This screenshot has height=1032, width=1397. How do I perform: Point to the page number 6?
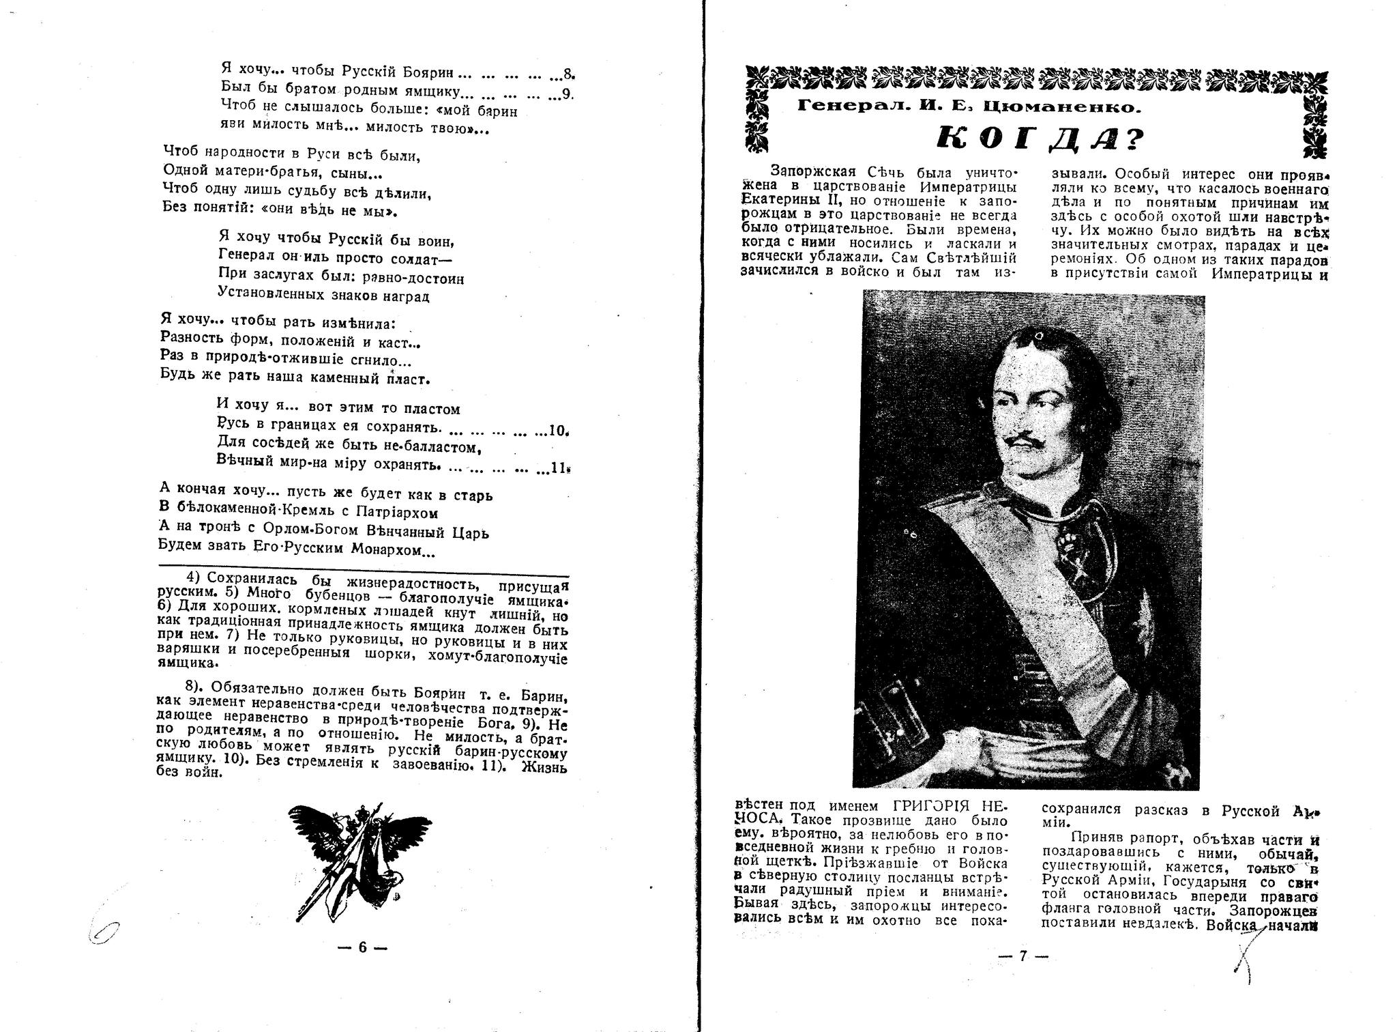click(362, 947)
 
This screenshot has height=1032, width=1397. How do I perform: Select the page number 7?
click(1022, 956)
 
